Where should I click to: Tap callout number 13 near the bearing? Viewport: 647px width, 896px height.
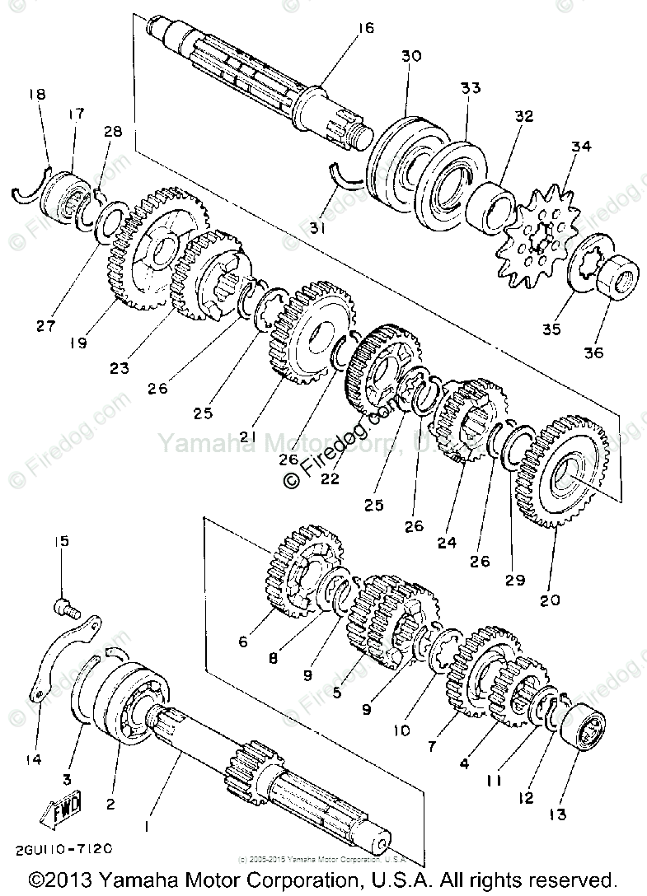(x=558, y=814)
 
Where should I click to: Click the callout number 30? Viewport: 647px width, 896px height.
(x=411, y=56)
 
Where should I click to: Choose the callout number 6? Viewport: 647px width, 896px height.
(x=242, y=642)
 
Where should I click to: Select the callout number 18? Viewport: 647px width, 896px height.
(x=37, y=95)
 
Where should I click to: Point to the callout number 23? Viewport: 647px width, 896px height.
(x=120, y=368)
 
